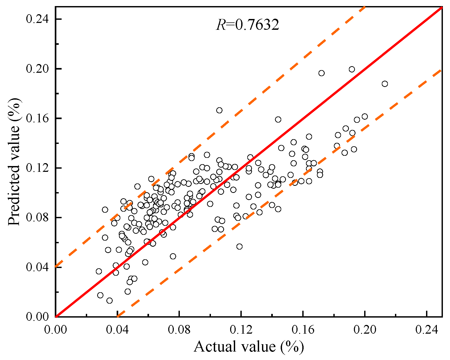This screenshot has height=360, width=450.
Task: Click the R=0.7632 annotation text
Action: coord(247,25)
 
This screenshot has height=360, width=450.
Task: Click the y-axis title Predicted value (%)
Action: coord(14,162)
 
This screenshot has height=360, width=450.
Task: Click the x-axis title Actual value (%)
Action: coord(249,347)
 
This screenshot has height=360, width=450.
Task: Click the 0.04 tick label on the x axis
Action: coord(117,329)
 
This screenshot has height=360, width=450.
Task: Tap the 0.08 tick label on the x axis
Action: coord(179,329)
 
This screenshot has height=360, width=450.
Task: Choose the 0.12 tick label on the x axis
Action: coord(241,329)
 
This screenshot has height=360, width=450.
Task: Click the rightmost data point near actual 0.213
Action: coord(385,84)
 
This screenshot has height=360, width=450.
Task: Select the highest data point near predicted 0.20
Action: coord(352,69)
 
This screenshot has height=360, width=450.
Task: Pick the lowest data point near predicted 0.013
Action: coord(110,300)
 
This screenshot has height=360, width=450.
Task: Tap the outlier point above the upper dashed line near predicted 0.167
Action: coord(219,110)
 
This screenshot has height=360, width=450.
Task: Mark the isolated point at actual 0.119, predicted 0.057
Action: coord(239,246)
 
